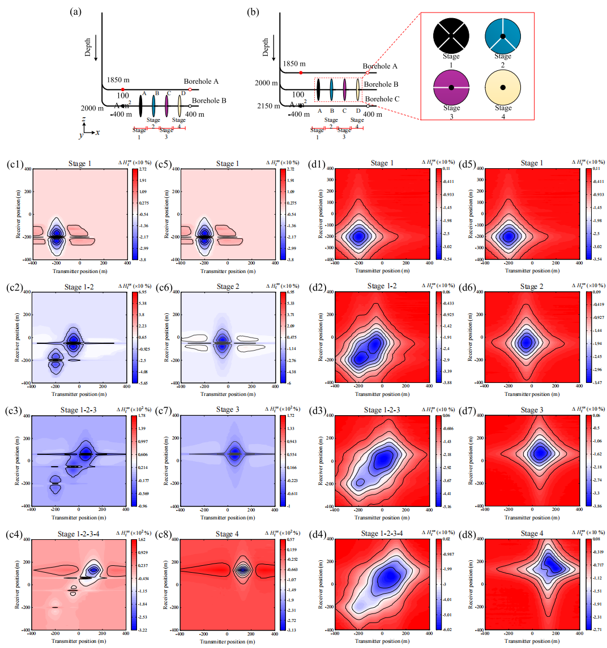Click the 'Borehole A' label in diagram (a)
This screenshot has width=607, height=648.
(x=201, y=82)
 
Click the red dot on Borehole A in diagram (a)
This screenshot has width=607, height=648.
(x=122, y=89)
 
